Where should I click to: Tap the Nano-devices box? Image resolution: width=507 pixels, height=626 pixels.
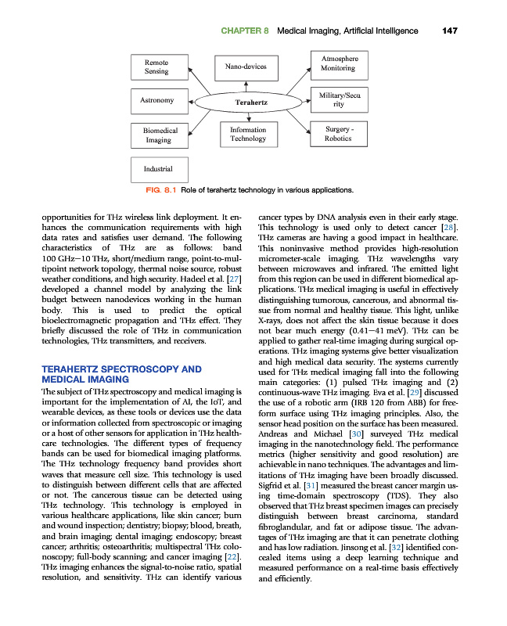[x=246, y=67]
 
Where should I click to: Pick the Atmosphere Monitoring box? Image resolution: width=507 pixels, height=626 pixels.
[x=337, y=63]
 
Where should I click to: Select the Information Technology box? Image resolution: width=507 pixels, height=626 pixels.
[x=248, y=135]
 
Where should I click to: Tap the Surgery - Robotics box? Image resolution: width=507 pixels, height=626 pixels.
[x=338, y=134]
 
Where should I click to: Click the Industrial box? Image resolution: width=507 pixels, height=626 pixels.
[x=158, y=168]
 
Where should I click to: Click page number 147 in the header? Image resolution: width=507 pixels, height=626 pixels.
[x=449, y=31]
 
